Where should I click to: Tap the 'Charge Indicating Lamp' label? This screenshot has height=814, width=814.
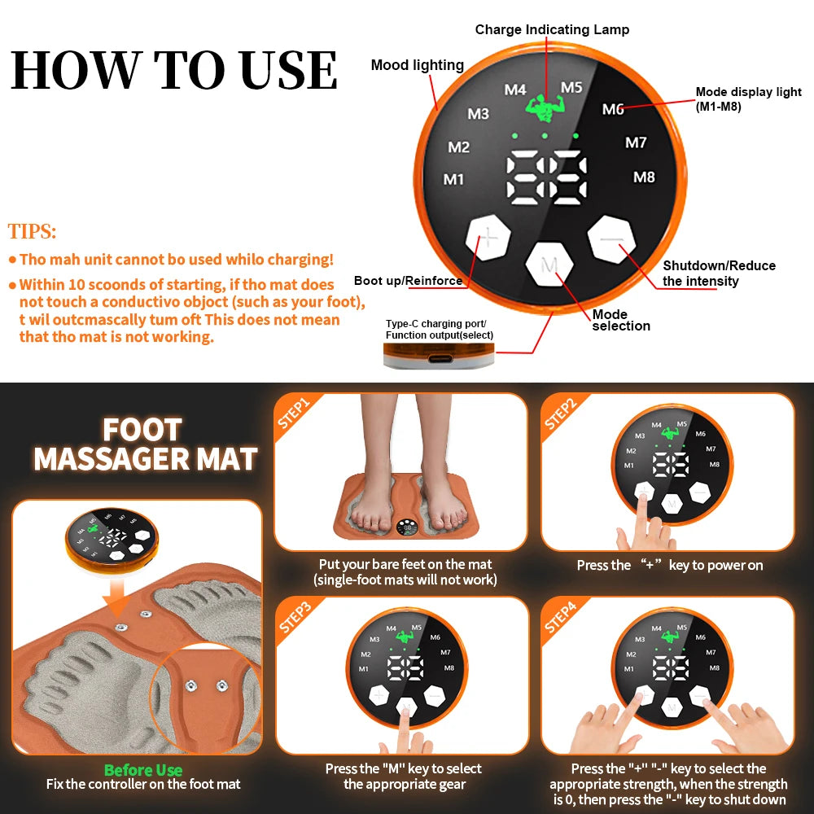552,30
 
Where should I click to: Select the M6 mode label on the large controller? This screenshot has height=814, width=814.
613,109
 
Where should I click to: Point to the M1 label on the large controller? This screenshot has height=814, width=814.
453,179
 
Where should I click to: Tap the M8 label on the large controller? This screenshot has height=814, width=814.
644,177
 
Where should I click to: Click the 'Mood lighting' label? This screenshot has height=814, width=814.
417,65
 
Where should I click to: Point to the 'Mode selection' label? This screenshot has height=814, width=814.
621,320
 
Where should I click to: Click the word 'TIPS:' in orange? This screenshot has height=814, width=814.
33,231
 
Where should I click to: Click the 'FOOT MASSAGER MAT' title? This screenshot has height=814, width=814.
145,444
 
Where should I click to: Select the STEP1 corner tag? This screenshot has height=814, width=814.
294,412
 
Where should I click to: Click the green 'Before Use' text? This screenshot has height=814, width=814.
143,770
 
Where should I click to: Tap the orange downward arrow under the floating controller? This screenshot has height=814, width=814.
119,600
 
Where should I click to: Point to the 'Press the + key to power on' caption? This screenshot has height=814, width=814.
669,565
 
